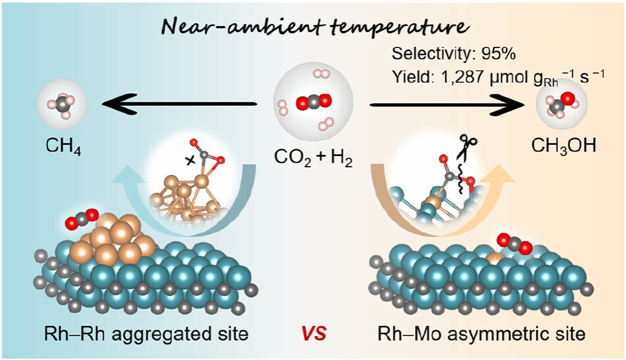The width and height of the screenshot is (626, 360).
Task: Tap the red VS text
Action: coord(313,334)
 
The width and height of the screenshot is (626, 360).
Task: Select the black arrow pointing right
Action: coord(448,104)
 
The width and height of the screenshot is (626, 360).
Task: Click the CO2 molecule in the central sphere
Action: coord(312,103)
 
